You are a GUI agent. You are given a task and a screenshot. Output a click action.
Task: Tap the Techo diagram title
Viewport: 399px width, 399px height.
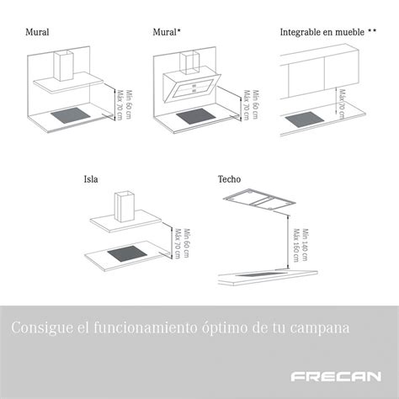(x=229, y=178)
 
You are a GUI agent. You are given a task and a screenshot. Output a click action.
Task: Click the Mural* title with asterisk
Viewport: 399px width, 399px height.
(x=168, y=31)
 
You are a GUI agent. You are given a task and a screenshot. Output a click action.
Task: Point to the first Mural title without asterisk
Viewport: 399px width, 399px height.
(x=37, y=31)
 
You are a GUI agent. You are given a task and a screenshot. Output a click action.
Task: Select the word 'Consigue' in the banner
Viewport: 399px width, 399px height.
(x=40, y=326)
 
